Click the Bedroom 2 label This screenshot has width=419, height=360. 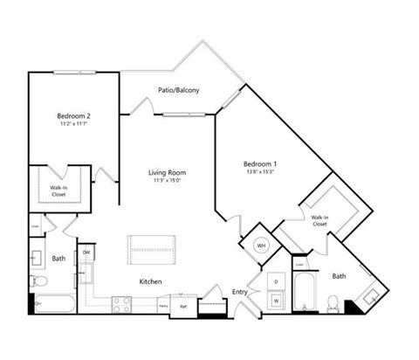(74, 116)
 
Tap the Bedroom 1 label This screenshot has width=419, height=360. (259, 164)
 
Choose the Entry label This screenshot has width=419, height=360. (239, 292)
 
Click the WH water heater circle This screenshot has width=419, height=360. (260, 246)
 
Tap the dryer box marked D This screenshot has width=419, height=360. (277, 282)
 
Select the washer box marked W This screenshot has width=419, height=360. (277, 301)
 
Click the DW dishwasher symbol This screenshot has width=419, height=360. (86, 254)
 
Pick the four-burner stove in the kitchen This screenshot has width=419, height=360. (123, 305)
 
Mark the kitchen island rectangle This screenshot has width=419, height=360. (153, 249)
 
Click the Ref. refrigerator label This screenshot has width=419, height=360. (184, 307)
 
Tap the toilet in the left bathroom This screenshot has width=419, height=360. (36, 280)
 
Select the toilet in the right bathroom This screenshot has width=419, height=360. (331, 304)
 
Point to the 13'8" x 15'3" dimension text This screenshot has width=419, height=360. (259, 172)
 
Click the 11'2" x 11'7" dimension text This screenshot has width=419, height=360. (74, 124)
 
